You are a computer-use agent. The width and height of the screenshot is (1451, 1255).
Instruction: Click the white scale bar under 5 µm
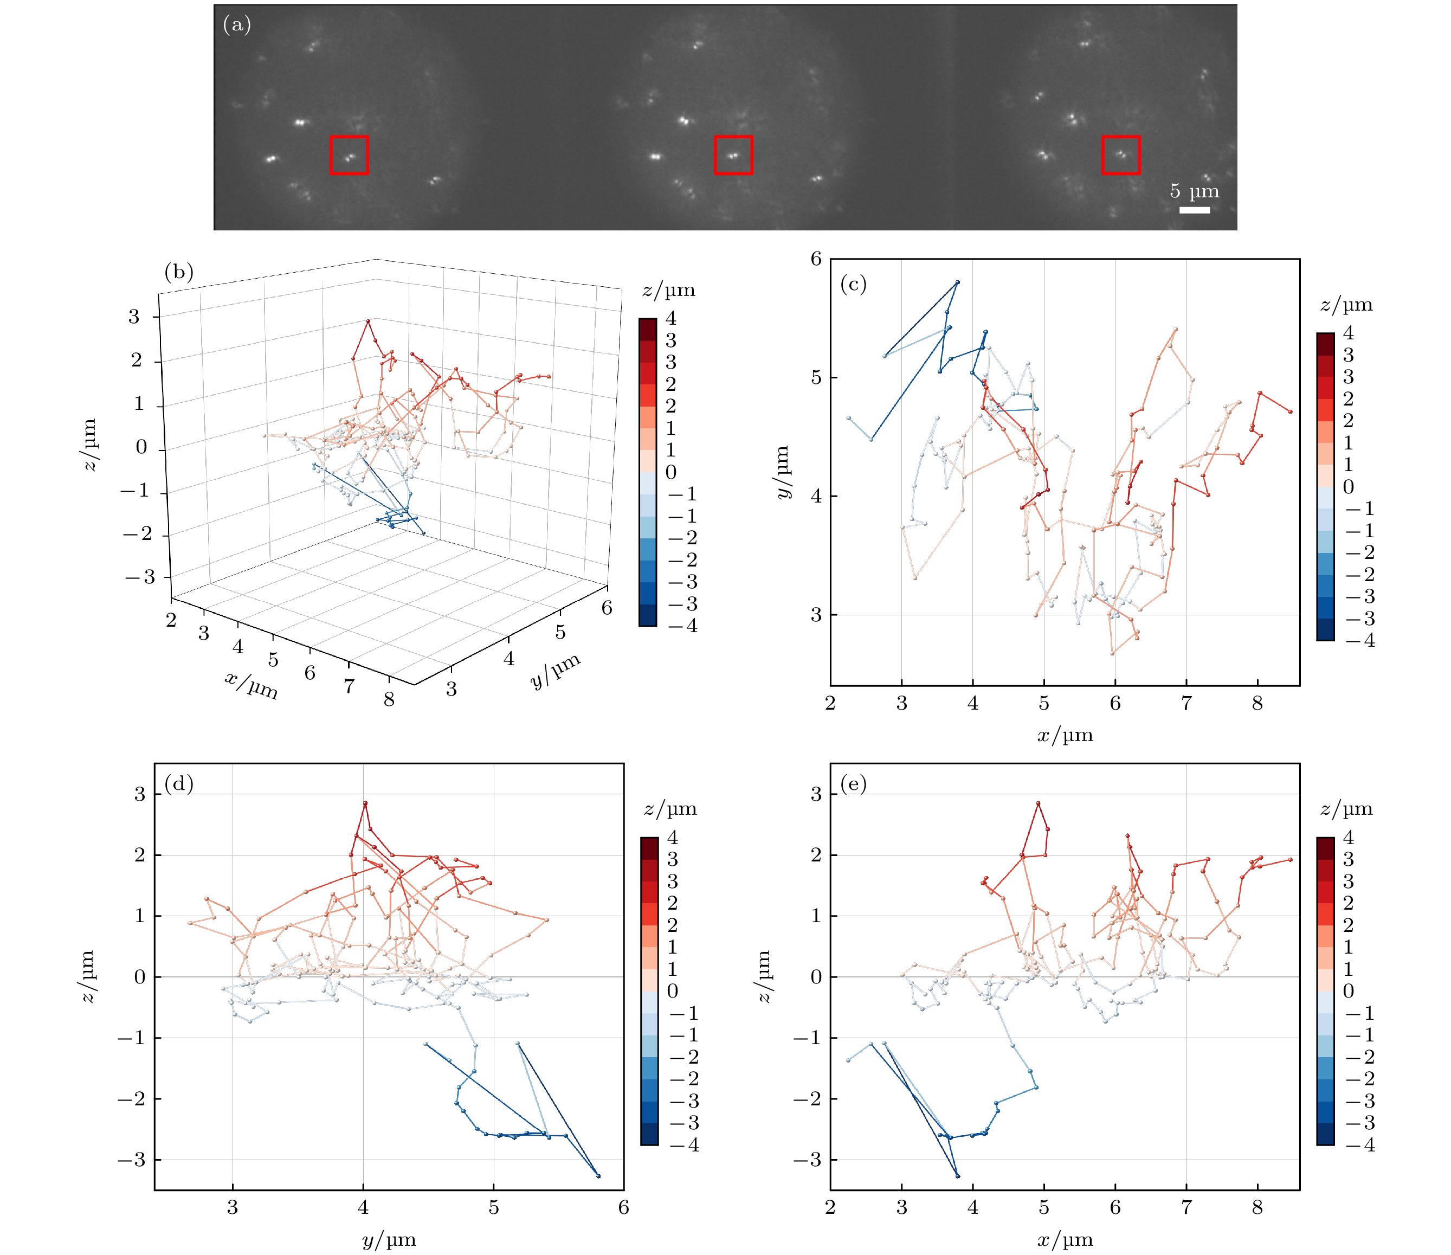[1194, 209]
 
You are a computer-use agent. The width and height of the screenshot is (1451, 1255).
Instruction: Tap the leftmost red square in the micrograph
[349, 155]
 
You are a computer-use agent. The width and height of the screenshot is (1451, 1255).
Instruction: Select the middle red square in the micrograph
[733, 155]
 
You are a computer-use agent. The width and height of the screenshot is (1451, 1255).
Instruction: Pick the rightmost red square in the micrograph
[1120, 155]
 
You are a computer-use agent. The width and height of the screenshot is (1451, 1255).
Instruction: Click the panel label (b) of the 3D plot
[178, 272]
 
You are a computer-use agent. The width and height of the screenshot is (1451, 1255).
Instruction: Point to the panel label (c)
[853, 284]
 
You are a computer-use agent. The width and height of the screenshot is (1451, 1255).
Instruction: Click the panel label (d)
[178, 784]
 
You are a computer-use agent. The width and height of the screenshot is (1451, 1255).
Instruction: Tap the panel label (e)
[853, 784]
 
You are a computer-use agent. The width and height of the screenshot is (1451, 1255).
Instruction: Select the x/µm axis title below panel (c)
[1065, 735]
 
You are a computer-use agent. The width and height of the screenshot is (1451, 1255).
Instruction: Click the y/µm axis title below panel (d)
[389, 1240]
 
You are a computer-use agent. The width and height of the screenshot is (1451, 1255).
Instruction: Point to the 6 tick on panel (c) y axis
[816, 259]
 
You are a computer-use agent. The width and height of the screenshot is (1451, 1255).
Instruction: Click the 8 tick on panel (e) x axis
[1257, 1207]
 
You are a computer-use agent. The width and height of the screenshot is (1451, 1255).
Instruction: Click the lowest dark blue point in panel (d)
[598, 1176]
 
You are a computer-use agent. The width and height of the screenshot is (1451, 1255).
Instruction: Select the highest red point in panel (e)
[1038, 803]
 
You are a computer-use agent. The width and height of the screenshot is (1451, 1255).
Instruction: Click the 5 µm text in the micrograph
[1194, 191]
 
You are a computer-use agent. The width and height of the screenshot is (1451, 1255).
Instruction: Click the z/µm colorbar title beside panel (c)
[1346, 305]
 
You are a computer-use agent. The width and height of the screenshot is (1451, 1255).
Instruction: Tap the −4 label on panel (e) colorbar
[1360, 1145]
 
